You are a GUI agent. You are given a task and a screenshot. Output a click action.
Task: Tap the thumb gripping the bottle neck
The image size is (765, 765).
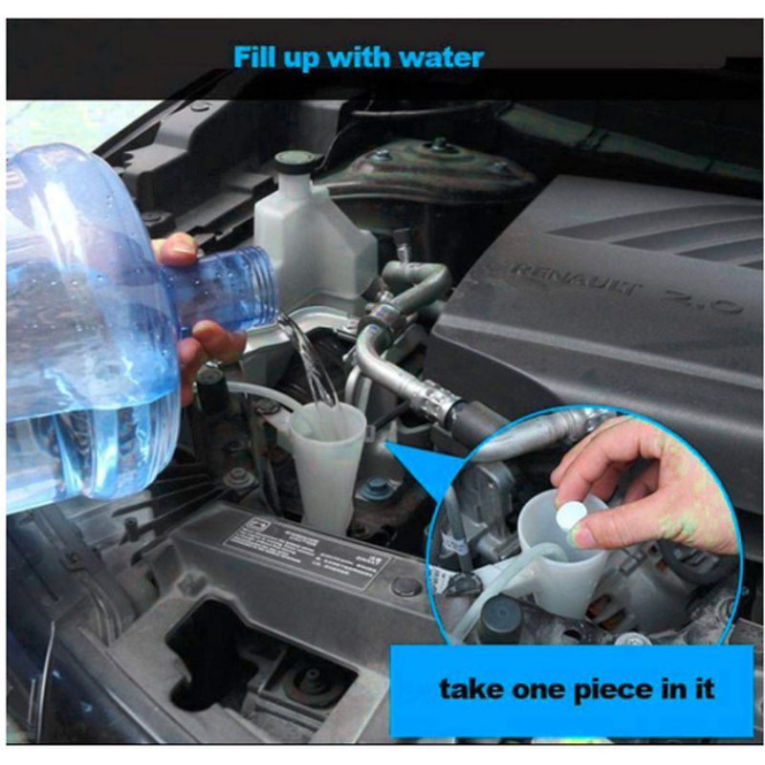tap(178, 251)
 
